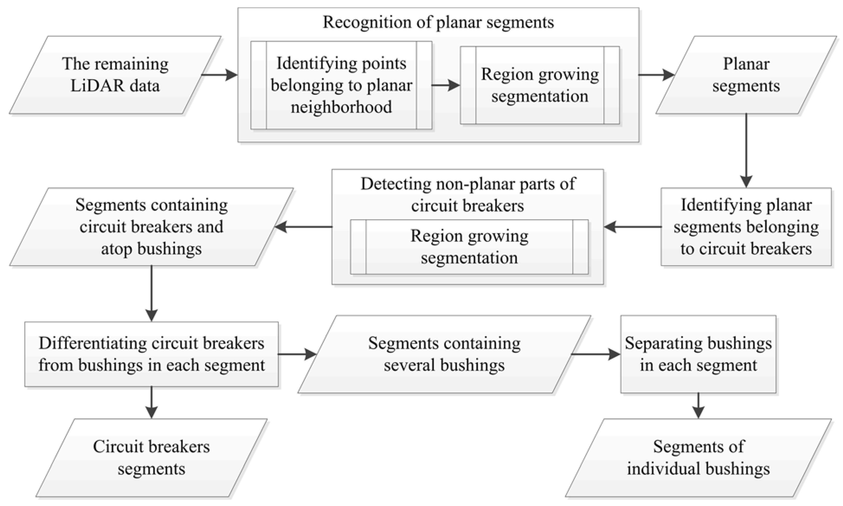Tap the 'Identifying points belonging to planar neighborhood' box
tap(341, 85)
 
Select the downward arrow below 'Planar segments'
tap(746, 150)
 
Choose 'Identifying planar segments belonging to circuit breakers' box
tap(746, 227)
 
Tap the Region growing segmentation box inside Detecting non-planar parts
tap(469, 247)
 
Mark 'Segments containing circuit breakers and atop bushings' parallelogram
tap(151, 227)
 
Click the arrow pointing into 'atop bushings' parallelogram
tap(303, 227)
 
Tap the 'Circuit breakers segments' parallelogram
tap(151, 458)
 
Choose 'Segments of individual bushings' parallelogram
tap(698, 458)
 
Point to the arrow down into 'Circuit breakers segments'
tap(151, 402)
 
